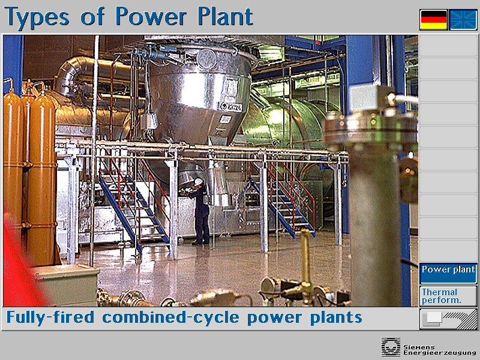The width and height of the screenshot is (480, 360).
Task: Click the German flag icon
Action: click(433, 20)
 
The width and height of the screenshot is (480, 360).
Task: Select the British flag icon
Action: click(463, 20)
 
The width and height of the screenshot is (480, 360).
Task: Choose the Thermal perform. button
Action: click(448, 296)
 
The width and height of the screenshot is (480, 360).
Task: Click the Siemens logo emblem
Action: click(391, 347)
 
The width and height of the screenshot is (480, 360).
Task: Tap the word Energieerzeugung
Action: click(440, 353)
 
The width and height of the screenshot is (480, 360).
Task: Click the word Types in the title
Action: click(37, 17)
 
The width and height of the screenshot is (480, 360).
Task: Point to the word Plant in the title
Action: click(225, 16)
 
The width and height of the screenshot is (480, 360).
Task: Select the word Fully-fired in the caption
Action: click(50, 317)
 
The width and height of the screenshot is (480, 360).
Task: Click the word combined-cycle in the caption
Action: click(170, 317)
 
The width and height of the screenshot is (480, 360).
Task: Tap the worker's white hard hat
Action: click(199, 182)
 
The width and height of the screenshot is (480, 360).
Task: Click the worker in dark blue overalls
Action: click(199, 211)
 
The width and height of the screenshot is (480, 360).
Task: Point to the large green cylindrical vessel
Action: click(284, 122)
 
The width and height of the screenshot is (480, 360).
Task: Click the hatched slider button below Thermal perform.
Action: click(448, 319)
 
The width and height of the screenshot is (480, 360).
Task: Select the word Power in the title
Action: click(151, 16)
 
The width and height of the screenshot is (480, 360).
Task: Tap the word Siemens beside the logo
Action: click(419, 347)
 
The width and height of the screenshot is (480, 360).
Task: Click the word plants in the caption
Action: click(336, 318)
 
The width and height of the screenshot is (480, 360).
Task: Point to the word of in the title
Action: click(92, 17)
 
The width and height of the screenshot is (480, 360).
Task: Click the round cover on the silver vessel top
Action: click(206, 58)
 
